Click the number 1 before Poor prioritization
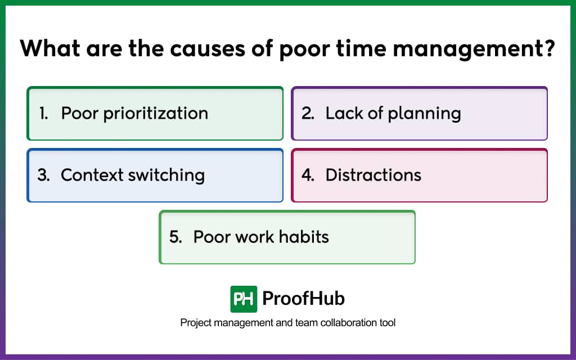(x=43, y=113)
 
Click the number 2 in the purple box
(x=308, y=113)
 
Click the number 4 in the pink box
(x=308, y=175)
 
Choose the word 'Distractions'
(x=373, y=175)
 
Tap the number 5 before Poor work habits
(x=175, y=237)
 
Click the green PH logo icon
(x=244, y=299)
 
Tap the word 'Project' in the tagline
(x=194, y=323)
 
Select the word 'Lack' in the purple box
(x=343, y=113)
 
